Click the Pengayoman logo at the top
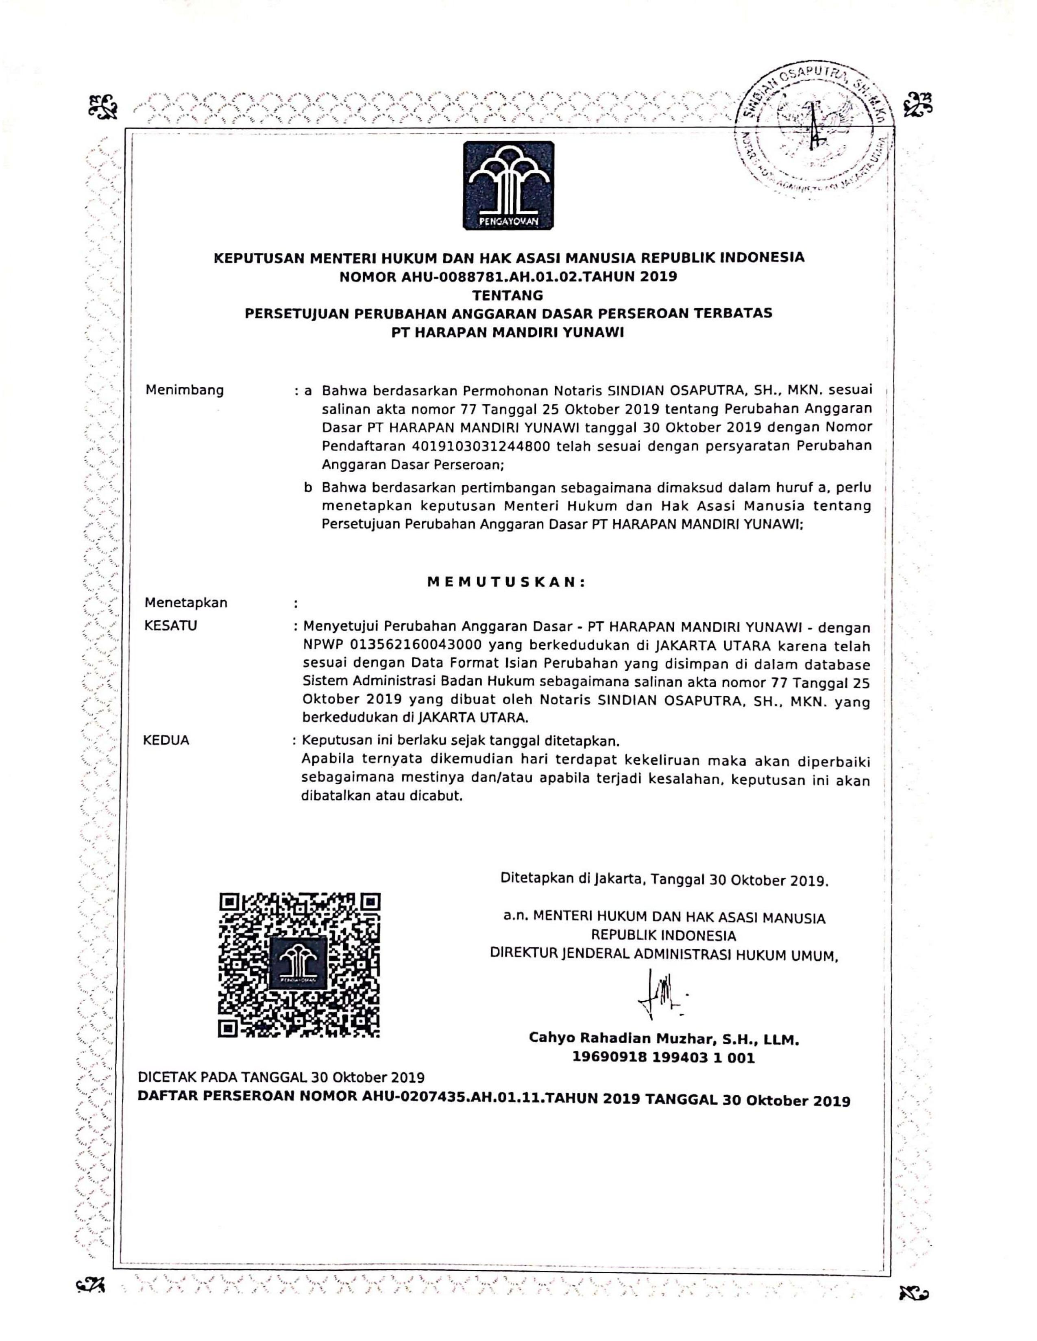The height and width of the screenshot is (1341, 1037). point(509,185)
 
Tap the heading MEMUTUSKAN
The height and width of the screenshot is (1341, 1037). point(507,582)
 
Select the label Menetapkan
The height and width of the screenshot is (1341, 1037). point(185,602)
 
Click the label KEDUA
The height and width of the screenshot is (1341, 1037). point(166,740)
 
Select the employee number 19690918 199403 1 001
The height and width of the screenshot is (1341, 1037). point(664,1057)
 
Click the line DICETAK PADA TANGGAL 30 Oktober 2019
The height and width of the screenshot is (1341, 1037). point(281,1077)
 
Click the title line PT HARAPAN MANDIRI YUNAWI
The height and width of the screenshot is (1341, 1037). point(508,333)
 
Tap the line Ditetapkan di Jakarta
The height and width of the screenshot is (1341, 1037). point(664,879)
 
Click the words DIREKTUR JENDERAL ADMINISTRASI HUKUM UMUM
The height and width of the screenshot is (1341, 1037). point(664,955)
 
